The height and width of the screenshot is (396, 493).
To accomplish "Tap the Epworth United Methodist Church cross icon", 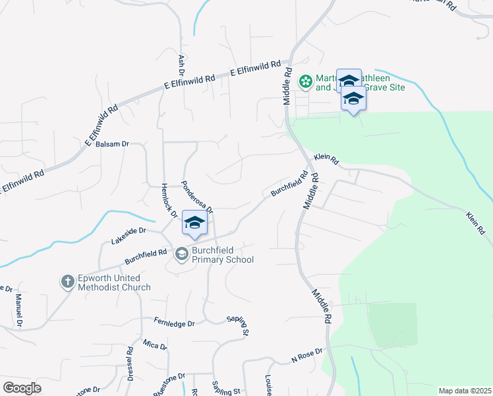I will (67, 282).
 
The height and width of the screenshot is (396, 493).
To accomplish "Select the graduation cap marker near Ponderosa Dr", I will (194, 223).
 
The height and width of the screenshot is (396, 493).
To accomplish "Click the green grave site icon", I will (306, 82).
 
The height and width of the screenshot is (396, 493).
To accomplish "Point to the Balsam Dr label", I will (111, 144).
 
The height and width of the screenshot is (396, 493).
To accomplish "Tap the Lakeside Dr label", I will (128, 235).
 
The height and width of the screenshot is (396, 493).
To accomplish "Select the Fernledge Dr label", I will (174, 324).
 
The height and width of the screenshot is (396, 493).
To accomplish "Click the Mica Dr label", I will (155, 345).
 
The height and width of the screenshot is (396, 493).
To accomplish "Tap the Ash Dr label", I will (181, 64).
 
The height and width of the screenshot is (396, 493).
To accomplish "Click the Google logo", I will (22, 387).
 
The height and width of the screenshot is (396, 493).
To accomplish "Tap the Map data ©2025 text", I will (464, 391).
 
